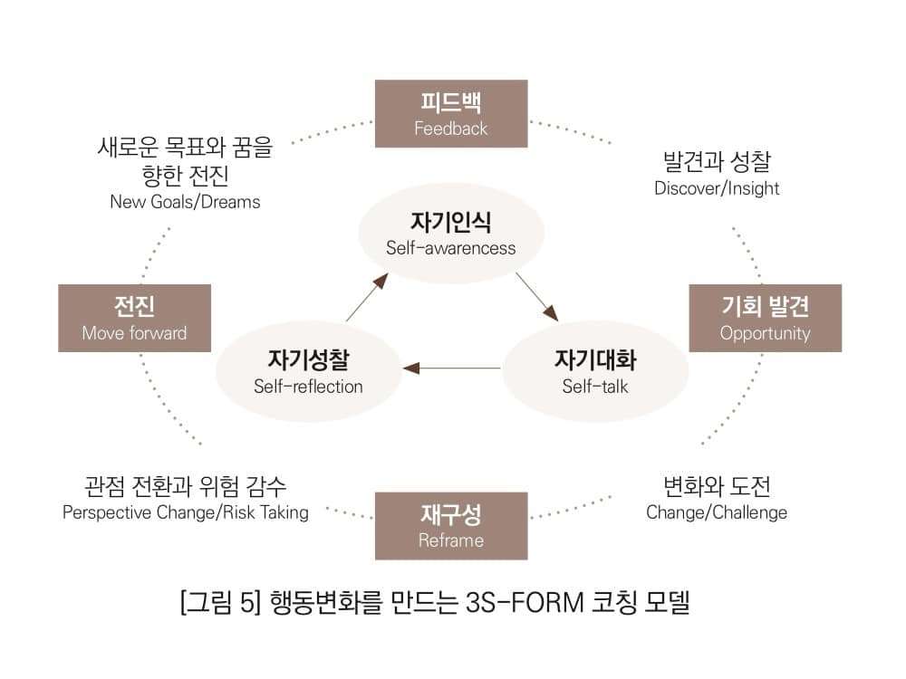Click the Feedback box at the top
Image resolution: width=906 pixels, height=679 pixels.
[x=451, y=113]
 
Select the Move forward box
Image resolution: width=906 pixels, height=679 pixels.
[x=134, y=318]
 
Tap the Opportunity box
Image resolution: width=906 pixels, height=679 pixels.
[x=765, y=318]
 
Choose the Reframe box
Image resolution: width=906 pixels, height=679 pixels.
[x=451, y=526]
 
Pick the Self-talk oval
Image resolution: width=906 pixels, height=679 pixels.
[x=595, y=371]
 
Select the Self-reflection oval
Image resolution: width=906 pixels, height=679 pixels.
[x=308, y=371]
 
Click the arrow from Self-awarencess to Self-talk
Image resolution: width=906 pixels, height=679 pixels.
[x=536, y=296]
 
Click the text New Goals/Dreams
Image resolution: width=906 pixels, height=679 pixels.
[x=185, y=202]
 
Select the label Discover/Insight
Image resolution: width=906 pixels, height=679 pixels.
[x=717, y=188]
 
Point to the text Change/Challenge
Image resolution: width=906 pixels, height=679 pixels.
[x=717, y=512]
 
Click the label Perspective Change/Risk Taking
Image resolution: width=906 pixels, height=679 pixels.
[x=186, y=512]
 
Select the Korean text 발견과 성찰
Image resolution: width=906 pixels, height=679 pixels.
[x=717, y=163]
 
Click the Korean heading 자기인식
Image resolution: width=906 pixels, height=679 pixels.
[x=451, y=222]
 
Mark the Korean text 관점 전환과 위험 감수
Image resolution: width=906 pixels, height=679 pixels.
[x=186, y=486]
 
